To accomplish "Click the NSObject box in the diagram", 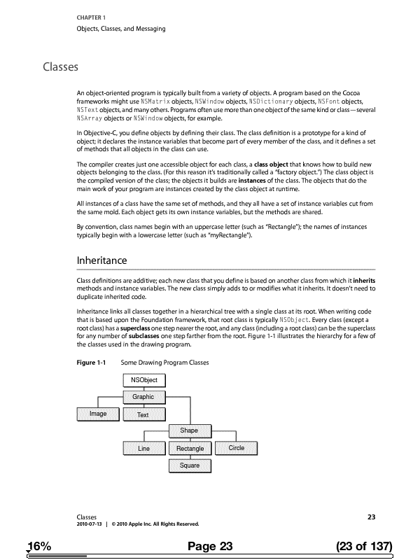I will coord(143,380).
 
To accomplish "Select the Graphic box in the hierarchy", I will coord(143,397).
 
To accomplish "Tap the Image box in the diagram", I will coord(99,414).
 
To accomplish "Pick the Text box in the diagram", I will coord(143,414).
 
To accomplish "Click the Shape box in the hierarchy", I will coord(190,430).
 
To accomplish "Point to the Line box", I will coord(144,448).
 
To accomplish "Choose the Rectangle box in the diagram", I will coord(190,448).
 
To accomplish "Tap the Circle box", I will coord(236,447).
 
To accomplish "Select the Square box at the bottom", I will coord(190,465).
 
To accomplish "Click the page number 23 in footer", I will coord(372,517).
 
